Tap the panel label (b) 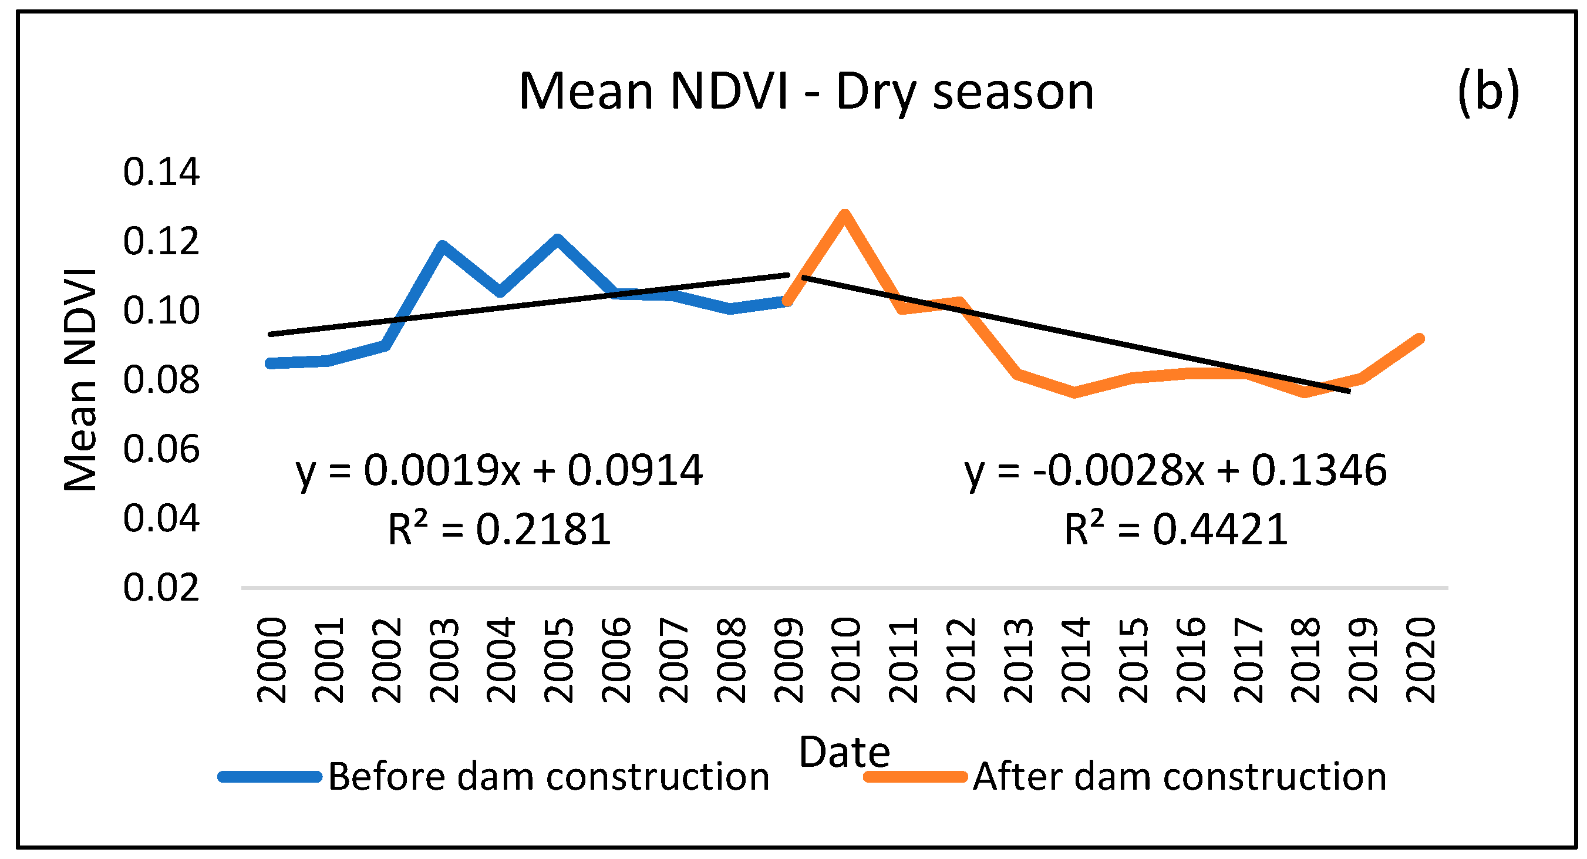pyautogui.click(x=1488, y=92)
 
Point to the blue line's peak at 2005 pyautogui.click(x=557, y=239)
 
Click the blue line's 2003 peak pyautogui.click(x=442, y=245)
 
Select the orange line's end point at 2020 pyautogui.click(x=1420, y=338)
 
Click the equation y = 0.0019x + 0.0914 pyautogui.click(x=499, y=470)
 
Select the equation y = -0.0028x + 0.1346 pyautogui.click(x=1175, y=470)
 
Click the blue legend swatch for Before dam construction pyautogui.click(x=270, y=776)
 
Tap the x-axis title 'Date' pyautogui.click(x=844, y=752)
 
